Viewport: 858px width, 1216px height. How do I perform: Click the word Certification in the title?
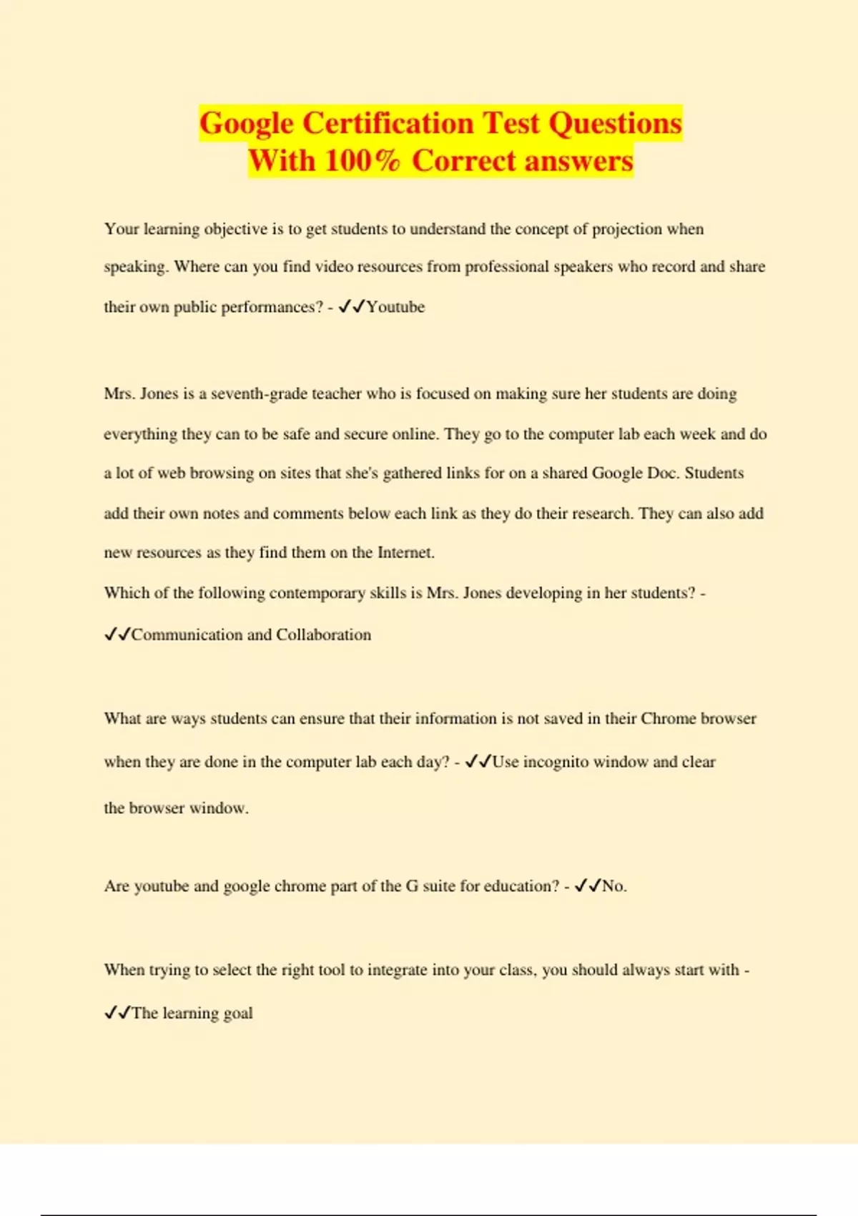388,123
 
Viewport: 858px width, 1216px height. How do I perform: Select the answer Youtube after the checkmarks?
395,307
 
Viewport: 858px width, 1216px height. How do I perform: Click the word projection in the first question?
627,229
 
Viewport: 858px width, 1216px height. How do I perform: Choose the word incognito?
556,762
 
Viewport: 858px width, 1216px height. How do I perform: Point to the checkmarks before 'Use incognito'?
477,762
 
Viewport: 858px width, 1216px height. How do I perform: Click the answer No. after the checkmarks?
614,886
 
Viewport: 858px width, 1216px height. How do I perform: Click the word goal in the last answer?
238,1013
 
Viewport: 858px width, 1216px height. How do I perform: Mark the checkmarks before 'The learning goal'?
117,1013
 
